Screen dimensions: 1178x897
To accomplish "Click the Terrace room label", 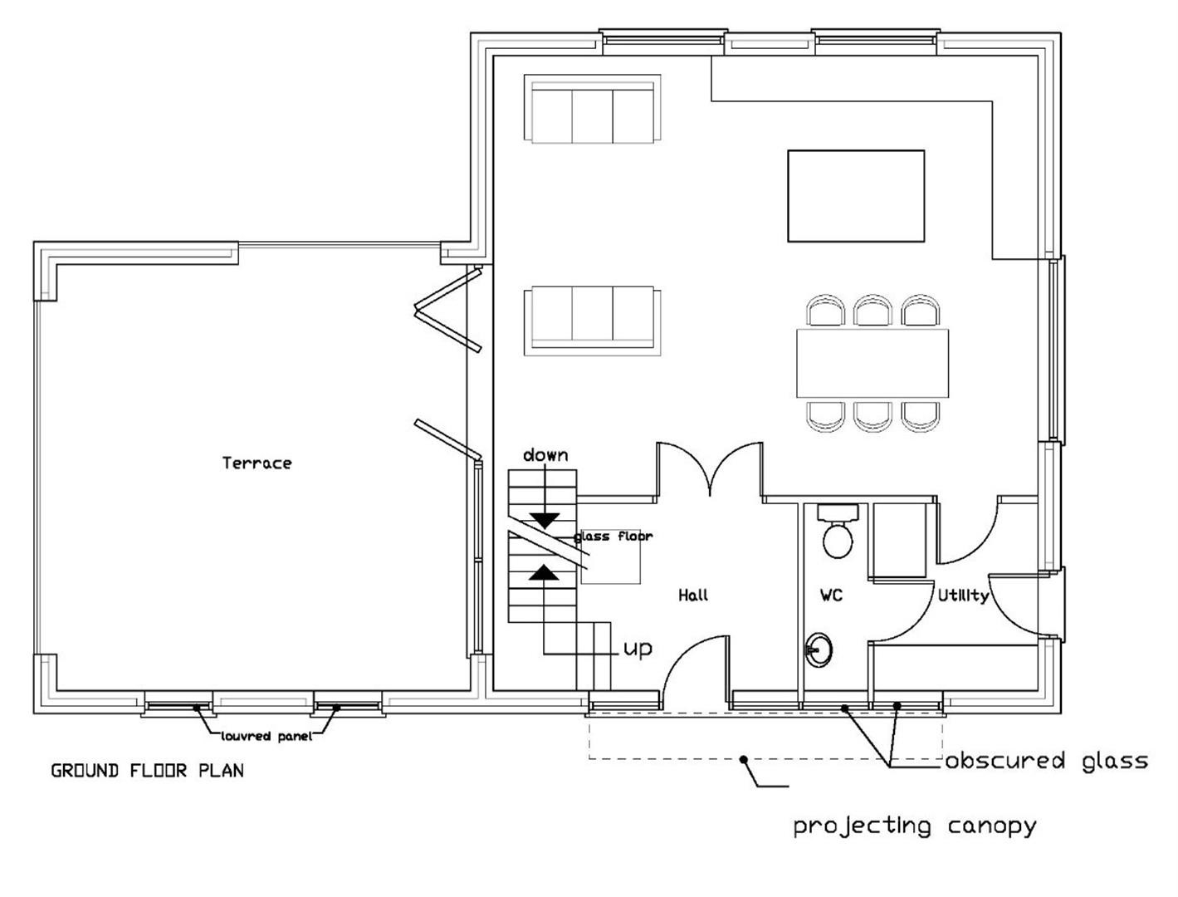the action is click(257, 463).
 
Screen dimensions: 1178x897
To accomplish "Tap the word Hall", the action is click(693, 596).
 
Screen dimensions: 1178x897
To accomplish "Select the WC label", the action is click(831, 596).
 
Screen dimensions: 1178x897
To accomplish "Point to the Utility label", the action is click(963, 596).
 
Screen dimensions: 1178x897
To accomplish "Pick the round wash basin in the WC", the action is click(819, 650).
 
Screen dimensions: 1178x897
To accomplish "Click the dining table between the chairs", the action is click(873, 363).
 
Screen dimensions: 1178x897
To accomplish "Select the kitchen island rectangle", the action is click(856, 196).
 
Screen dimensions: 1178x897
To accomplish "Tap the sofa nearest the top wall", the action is click(593, 109).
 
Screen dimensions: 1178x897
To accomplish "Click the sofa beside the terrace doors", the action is click(593, 321).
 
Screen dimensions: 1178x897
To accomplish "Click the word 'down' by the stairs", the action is click(545, 455).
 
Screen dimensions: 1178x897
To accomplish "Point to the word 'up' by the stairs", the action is click(638, 649).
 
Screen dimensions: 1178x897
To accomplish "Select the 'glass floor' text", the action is click(613, 537).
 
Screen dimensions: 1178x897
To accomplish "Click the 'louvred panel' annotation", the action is click(266, 737).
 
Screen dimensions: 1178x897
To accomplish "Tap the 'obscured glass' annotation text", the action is click(1047, 761).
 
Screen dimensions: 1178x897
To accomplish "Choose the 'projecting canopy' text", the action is click(915, 826).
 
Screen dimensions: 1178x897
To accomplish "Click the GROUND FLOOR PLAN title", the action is click(148, 772).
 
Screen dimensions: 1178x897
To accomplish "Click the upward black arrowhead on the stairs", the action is click(545, 573).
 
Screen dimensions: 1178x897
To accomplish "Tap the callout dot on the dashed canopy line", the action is click(743, 760).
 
